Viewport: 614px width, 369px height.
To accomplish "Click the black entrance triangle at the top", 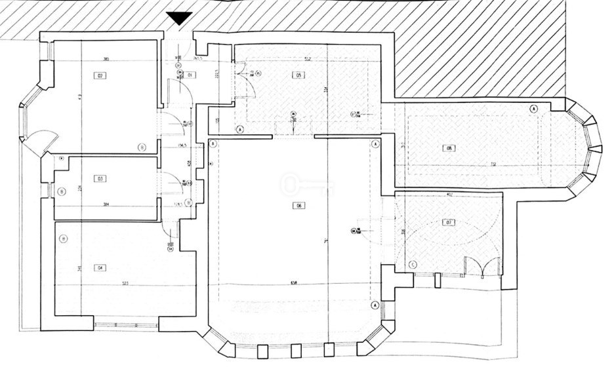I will point(178,18).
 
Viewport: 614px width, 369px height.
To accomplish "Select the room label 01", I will point(190,75).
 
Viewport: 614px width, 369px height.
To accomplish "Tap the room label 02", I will point(101,75).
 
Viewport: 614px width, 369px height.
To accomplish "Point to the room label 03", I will point(100,178).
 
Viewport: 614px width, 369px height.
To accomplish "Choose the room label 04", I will point(100,267).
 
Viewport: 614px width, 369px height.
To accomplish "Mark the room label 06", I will point(298,206).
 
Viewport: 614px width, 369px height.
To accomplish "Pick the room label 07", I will point(449,223).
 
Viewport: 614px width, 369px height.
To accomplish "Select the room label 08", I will point(449,148).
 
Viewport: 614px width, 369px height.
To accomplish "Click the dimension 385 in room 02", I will point(106,60).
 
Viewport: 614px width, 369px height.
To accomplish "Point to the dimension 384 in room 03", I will point(105,204).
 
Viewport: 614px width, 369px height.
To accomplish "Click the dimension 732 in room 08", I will point(472,165).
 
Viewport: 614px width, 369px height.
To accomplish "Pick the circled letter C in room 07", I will point(413,264).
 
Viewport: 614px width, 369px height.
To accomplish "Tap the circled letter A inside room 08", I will point(533,108).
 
